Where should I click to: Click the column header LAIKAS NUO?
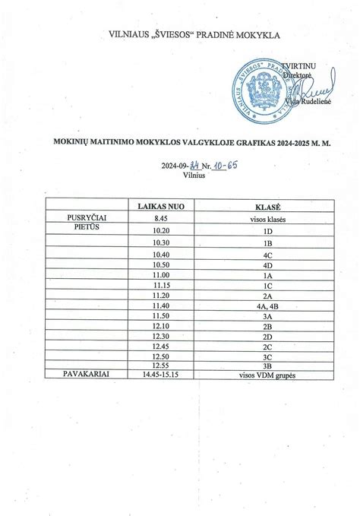coord(160,207)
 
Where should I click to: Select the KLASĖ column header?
coord(267,207)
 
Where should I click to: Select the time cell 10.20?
coord(160,230)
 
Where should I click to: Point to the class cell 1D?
coord(267,230)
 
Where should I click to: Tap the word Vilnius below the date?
coord(194,175)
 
